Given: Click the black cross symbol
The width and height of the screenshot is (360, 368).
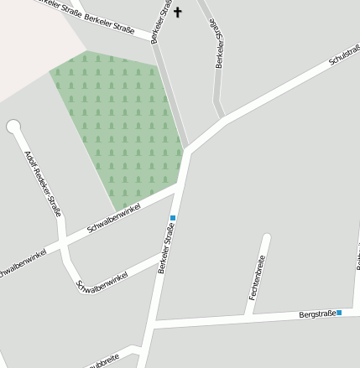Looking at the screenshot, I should coord(177,13).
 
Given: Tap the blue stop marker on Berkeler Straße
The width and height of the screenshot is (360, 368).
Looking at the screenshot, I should coord(173,218).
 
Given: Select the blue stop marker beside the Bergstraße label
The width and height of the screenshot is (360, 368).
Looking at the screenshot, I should coord(340,313).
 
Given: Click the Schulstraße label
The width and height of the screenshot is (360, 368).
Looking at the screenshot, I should coord(344,57).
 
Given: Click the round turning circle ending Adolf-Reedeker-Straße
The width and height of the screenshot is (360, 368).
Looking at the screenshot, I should coord(13,127).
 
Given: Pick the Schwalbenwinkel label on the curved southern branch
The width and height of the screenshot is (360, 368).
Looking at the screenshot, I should coord(102,280).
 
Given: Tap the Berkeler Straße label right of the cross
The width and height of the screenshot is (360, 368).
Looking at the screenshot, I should coord(220,44).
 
